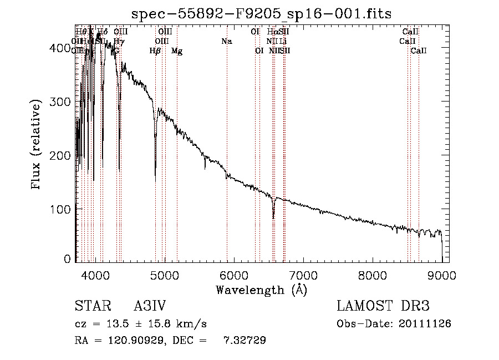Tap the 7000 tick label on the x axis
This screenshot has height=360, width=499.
(x=303, y=275)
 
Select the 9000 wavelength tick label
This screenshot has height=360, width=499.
(x=442, y=275)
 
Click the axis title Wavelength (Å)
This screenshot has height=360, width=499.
(x=261, y=290)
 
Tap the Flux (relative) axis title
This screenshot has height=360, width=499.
(x=37, y=145)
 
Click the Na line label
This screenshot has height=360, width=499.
(x=226, y=42)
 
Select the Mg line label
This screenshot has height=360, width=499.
(x=177, y=51)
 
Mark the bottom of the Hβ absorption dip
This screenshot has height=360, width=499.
(x=155, y=176)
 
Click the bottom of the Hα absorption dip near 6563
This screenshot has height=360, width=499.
(x=273, y=218)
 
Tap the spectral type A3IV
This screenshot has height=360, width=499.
(x=150, y=307)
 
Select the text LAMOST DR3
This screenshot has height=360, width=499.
(x=383, y=307)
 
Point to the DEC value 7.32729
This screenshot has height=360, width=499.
(x=245, y=341)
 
